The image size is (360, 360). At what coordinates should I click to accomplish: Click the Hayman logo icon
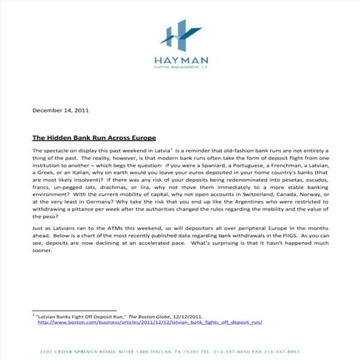pos(179,35)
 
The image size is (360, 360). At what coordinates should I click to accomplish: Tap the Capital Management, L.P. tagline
pos(179,69)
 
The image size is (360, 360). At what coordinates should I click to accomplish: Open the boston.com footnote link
pos(150,323)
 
